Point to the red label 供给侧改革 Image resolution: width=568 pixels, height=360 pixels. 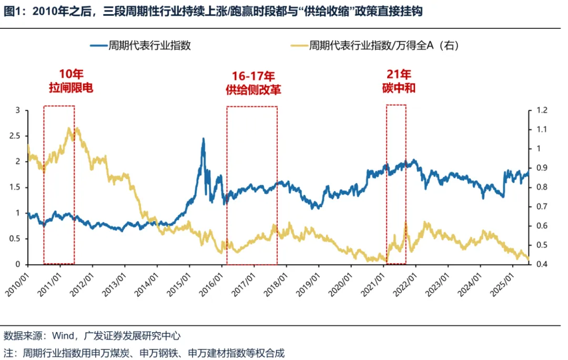pyautogui.click(x=253, y=89)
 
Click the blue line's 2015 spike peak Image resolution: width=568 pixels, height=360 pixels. pyautogui.click(x=204, y=139)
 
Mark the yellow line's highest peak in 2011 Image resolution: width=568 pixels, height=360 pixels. pyautogui.click(x=70, y=128)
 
